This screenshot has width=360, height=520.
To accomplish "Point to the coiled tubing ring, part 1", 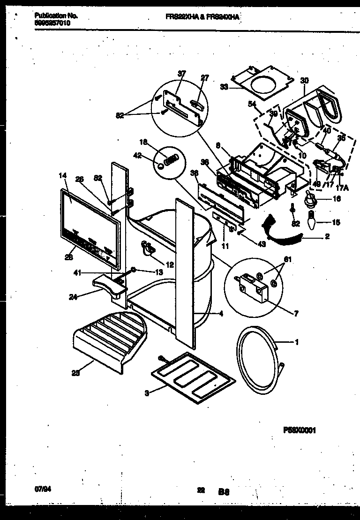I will point(260,356).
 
